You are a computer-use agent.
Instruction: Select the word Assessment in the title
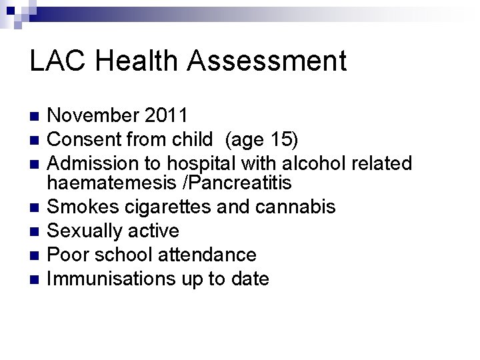coord(267,61)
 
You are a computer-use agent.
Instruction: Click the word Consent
coord(87,139)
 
